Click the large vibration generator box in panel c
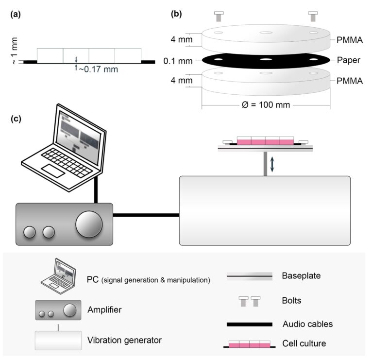(265, 210)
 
